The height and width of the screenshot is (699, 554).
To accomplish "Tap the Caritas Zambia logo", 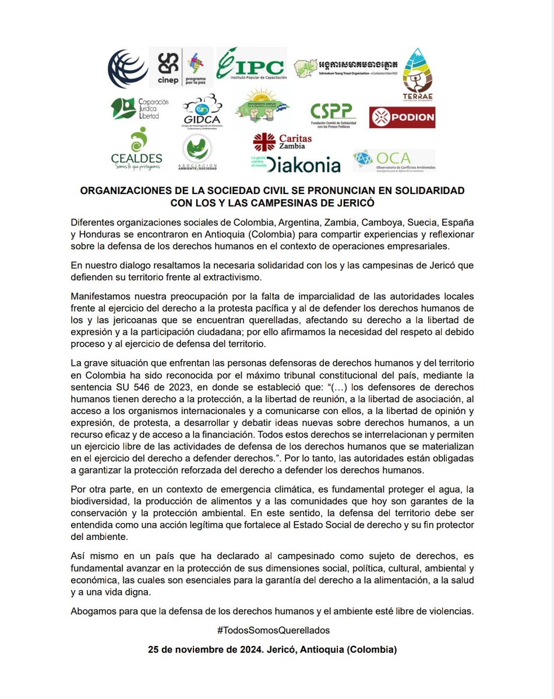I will (283, 142).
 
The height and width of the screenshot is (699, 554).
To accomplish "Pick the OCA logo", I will (394, 161).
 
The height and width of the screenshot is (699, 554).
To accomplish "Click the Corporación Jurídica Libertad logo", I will (140, 108).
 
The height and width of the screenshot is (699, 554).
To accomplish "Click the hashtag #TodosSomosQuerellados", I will (277, 630).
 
